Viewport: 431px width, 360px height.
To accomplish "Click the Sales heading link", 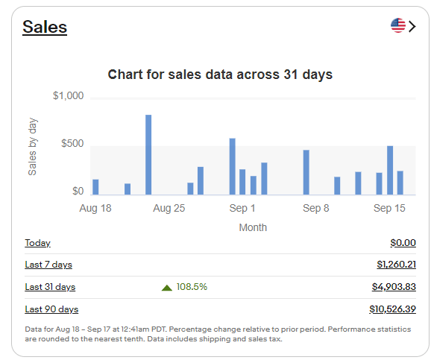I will pyautogui.click(x=45, y=28).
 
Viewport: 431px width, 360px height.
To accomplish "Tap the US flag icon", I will pyautogui.click(x=398, y=26).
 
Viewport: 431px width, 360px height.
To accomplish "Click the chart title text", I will pyautogui.click(x=220, y=75).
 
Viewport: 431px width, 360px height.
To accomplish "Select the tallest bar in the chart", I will pyautogui.click(x=148, y=154).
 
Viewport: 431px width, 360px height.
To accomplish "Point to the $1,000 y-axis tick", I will pyautogui.click(x=68, y=96).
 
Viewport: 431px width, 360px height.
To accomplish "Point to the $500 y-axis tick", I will pyautogui.click(x=72, y=144).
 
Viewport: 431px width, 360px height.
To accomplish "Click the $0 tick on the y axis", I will pyautogui.click(x=78, y=192).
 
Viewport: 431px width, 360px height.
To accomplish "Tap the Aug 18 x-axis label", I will pyautogui.click(x=95, y=209).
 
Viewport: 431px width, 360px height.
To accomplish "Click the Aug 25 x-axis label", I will pyautogui.click(x=169, y=209).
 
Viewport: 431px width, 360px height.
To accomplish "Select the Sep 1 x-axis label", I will pyautogui.click(x=242, y=209).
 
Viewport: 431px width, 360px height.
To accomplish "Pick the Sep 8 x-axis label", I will pyautogui.click(x=316, y=209).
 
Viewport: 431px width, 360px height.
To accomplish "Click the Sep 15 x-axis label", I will pyautogui.click(x=389, y=209).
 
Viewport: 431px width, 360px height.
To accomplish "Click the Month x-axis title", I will pyautogui.click(x=253, y=227).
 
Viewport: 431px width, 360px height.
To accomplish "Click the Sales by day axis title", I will pyautogui.click(x=33, y=146).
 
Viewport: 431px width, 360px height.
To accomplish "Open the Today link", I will pyautogui.click(x=37, y=243).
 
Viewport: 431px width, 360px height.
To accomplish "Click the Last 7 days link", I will pyautogui.click(x=48, y=265).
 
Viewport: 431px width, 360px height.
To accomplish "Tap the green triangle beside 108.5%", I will pyautogui.click(x=167, y=287).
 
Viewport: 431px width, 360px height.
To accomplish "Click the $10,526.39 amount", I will pyautogui.click(x=392, y=309).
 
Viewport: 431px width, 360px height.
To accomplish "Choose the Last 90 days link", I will pyautogui.click(x=51, y=309).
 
